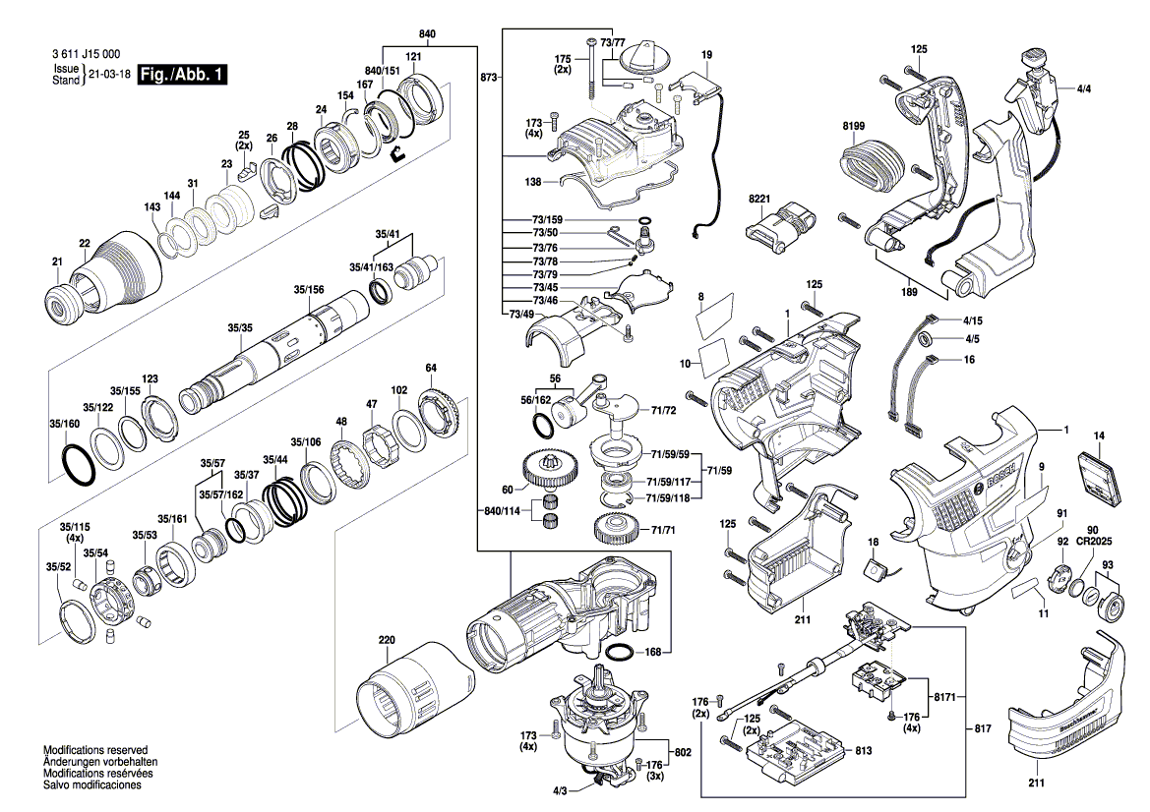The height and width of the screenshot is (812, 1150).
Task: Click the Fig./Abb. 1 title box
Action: click(183, 75)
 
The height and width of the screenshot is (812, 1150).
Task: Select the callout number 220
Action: click(386, 642)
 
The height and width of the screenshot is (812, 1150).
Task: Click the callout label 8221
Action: click(759, 199)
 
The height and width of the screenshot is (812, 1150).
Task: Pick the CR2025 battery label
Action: click(1092, 541)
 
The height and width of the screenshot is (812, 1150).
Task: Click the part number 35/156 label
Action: click(309, 290)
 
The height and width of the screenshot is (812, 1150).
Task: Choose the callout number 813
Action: click(863, 751)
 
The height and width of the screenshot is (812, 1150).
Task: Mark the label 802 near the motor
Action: click(683, 751)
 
